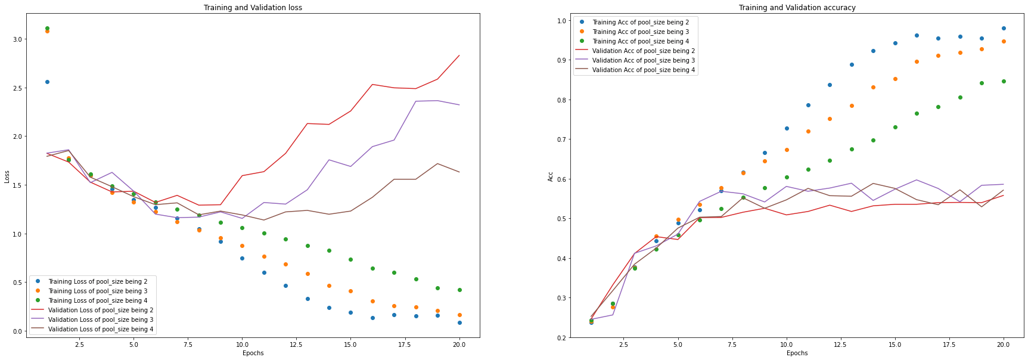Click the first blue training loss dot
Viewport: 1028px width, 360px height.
tap(47, 82)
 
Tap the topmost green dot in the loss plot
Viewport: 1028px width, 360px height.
tap(47, 28)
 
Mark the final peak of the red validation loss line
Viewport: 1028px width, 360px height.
tap(459, 55)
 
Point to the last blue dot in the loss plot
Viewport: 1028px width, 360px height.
tap(459, 322)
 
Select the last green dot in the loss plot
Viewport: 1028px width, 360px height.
tap(459, 290)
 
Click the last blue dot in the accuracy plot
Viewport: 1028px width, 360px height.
tap(1004, 28)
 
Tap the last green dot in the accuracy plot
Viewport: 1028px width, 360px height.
tap(1004, 81)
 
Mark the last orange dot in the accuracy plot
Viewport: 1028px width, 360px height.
tap(1004, 41)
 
